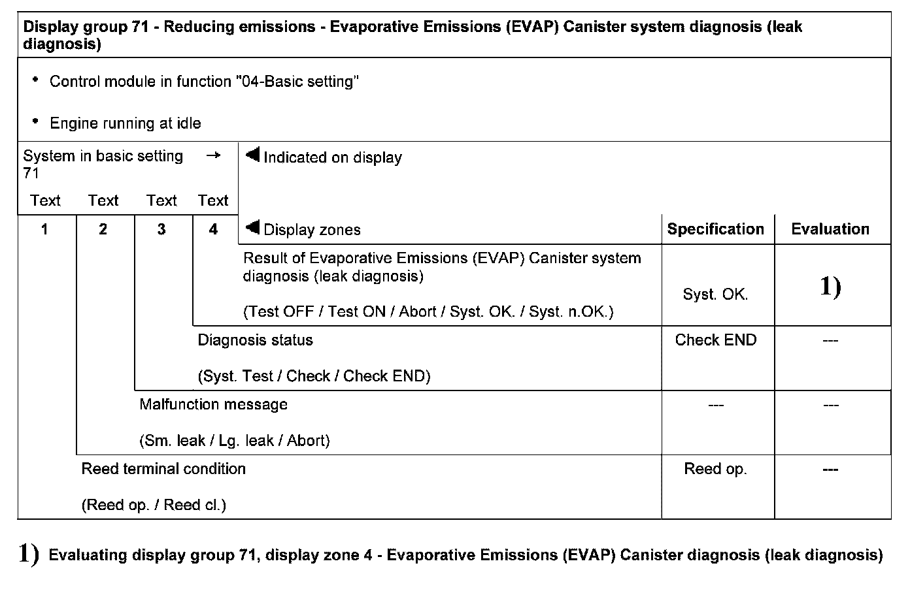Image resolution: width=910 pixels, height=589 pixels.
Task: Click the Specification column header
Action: (x=715, y=229)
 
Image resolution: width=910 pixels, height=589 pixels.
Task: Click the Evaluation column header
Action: (x=830, y=229)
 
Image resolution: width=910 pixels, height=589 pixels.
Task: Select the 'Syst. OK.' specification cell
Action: (x=715, y=294)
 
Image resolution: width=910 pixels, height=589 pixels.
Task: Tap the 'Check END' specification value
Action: (x=715, y=340)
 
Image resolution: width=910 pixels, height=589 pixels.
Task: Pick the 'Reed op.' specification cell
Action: (x=715, y=469)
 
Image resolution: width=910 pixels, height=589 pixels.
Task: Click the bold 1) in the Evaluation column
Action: (x=830, y=287)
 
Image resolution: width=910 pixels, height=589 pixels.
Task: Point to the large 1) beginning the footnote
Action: (x=29, y=554)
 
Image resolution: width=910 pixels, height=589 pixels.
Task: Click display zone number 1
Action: (x=44, y=229)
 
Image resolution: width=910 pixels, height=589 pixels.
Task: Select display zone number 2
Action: (x=103, y=229)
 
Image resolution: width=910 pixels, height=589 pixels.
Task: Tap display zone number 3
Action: (x=161, y=229)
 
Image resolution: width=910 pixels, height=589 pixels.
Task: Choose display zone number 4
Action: (x=213, y=229)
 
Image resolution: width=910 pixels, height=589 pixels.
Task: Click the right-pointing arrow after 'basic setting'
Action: (x=213, y=156)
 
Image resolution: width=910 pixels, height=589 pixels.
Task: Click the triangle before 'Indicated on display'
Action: (x=252, y=155)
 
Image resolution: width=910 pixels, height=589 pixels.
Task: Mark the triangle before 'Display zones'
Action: (x=252, y=227)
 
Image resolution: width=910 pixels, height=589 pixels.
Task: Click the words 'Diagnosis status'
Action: (x=255, y=340)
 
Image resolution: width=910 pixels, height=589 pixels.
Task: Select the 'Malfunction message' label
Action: (x=213, y=404)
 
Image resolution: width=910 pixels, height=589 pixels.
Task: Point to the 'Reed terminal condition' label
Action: (x=163, y=469)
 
